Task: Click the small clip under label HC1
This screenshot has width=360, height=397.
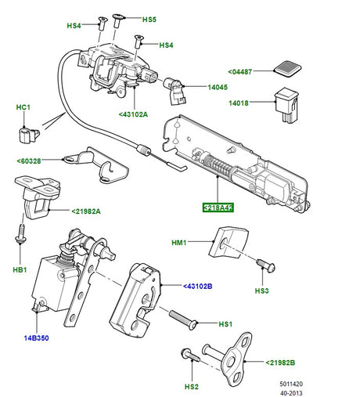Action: (x=27, y=135)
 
